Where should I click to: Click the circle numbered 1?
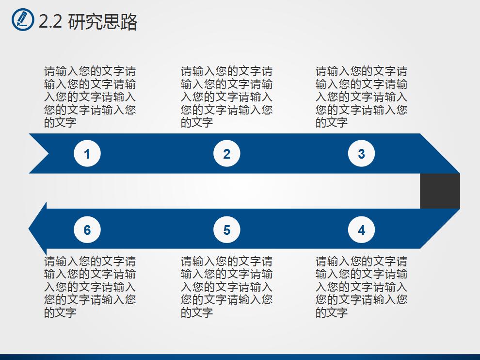tap(87, 154)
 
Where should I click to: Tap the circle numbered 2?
tap(226, 154)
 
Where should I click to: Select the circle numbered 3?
tap(361, 154)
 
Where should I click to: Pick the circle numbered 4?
tap(361, 230)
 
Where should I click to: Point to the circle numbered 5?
tap(226, 230)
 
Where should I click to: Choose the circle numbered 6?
tap(87, 230)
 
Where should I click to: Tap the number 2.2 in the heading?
tap(50, 22)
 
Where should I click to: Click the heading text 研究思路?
tap(103, 22)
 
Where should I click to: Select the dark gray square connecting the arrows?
tap(440, 191)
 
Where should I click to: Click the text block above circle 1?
tap(90, 97)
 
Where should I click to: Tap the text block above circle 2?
tap(226, 97)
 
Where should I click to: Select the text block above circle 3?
tap(361, 97)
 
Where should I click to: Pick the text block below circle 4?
tap(361, 287)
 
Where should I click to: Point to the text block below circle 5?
tap(226, 287)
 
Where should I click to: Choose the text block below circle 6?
tap(90, 287)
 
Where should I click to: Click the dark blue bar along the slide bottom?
tap(240, 357)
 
